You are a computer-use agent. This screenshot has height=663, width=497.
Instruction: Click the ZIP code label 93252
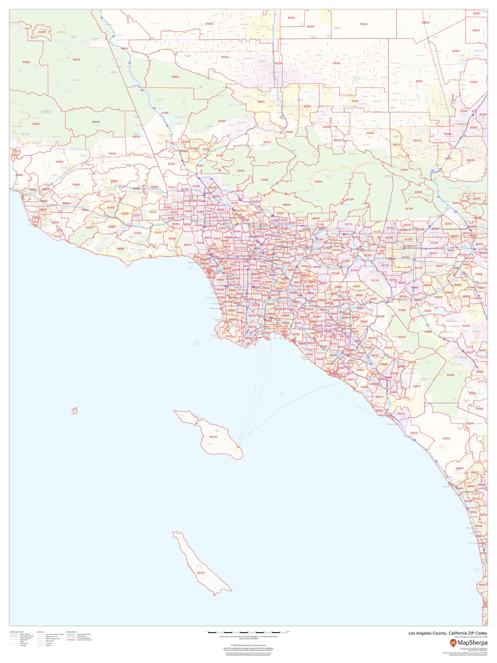pyautogui.click(x=26, y=62)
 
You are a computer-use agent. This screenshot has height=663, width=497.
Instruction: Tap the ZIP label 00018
pyautogui.click(x=95, y=122)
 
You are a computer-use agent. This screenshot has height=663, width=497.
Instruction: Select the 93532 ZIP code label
pyautogui.click(x=175, y=77)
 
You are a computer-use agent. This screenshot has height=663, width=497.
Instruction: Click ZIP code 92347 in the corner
pyautogui.click(x=476, y=14)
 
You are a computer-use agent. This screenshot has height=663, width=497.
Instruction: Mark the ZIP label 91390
pyautogui.click(x=222, y=121)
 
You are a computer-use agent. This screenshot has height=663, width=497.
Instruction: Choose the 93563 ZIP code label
pyautogui.click(x=318, y=182)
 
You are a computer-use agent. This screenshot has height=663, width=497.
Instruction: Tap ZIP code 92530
pyautogui.click(x=450, y=375)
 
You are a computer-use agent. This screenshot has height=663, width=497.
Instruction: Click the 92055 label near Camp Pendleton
pyautogui.click(x=446, y=439)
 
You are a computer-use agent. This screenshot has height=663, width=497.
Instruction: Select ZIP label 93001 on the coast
pyautogui.click(x=20, y=175)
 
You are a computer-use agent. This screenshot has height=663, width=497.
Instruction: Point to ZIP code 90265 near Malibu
pyautogui.click(x=121, y=249)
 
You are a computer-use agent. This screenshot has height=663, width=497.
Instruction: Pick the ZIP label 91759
pyautogui.click(x=409, y=209)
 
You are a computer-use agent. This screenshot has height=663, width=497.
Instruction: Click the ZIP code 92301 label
pyautogui.click(x=419, y=81)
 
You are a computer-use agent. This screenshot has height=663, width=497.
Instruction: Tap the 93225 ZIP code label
pyautogui.click(x=77, y=60)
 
